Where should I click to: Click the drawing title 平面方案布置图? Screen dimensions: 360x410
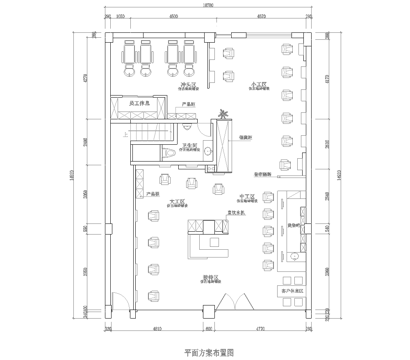pyautogui.click(x=205, y=351)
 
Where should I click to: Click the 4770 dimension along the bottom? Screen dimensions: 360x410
pyautogui.click(x=262, y=327)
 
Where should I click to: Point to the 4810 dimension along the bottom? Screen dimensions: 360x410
pyautogui.click(x=157, y=327)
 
